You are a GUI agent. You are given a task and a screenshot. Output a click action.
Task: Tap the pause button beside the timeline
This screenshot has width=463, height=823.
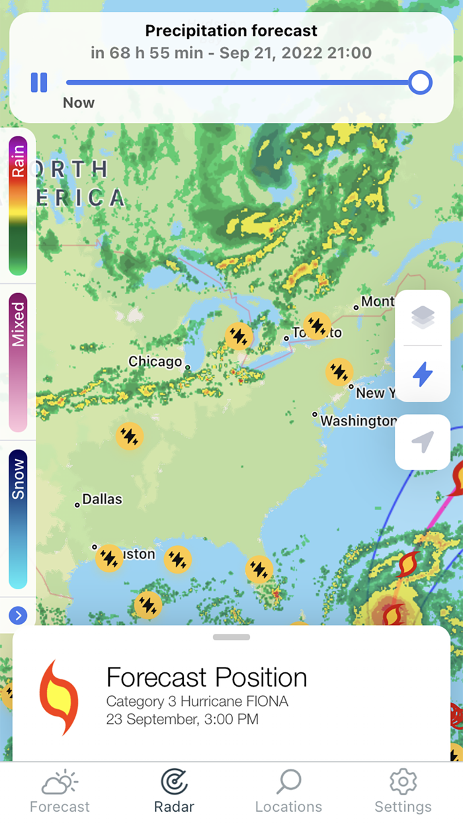[x=39, y=83]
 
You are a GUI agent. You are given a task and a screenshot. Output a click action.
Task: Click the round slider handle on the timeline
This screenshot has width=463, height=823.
[x=420, y=83]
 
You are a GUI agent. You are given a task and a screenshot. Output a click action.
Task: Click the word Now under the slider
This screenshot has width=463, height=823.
[x=79, y=103]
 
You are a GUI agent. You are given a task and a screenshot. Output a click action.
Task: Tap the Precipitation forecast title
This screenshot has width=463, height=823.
[x=232, y=30]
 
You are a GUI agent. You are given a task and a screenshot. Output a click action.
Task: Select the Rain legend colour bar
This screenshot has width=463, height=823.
[x=18, y=205]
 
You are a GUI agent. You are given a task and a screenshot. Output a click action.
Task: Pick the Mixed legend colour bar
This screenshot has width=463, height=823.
[x=18, y=362]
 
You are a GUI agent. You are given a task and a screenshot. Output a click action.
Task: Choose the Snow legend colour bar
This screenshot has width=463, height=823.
[x=18, y=519]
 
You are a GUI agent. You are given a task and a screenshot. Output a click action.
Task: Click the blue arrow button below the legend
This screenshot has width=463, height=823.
[x=18, y=616]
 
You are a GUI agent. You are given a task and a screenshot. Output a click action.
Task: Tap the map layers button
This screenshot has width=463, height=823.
[x=423, y=318]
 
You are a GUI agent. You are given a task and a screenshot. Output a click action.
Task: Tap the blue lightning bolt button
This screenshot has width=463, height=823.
[x=423, y=374]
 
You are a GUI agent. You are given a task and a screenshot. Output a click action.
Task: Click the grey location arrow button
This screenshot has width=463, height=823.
[x=423, y=442]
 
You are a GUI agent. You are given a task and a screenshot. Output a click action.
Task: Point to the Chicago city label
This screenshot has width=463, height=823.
[x=155, y=361]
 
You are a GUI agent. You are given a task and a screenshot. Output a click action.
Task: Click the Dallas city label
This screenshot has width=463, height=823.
[x=102, y=499]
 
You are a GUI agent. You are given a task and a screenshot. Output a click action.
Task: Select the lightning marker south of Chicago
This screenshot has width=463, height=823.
[x=130, y=436]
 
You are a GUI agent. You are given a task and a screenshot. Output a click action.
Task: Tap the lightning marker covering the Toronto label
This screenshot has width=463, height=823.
[x=317, y=325]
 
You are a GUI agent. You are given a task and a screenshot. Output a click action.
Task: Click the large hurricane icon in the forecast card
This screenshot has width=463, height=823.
[x=59, y=697]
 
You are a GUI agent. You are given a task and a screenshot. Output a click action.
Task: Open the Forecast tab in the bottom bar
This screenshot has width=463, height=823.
[x=60, y=791]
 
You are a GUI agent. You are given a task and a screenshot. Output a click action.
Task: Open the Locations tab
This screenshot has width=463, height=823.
[x=288, y=791]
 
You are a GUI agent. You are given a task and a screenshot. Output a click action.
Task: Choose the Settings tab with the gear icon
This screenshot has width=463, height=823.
[x=403, y=791]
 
